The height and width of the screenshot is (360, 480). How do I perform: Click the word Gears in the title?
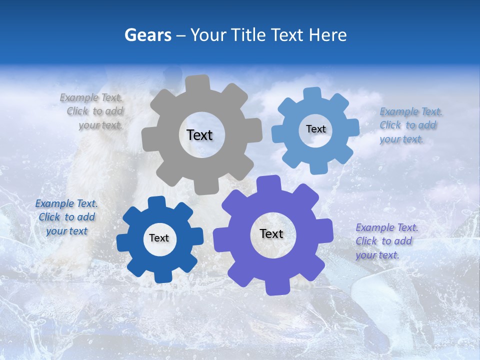[147, 35]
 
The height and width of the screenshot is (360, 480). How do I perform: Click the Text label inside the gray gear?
[199, 135]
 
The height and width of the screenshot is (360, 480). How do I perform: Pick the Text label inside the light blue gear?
[315, 129]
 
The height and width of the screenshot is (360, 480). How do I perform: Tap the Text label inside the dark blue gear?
[159, 238]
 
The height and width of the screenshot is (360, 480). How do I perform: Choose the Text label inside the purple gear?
[271, 234]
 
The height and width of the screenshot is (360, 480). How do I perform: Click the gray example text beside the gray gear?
[95, 111]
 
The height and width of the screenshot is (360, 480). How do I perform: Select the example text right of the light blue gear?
[410, 125]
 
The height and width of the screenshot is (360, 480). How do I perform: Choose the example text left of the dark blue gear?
[66, 217]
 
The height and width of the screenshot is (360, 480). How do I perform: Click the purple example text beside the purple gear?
[386, 241]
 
